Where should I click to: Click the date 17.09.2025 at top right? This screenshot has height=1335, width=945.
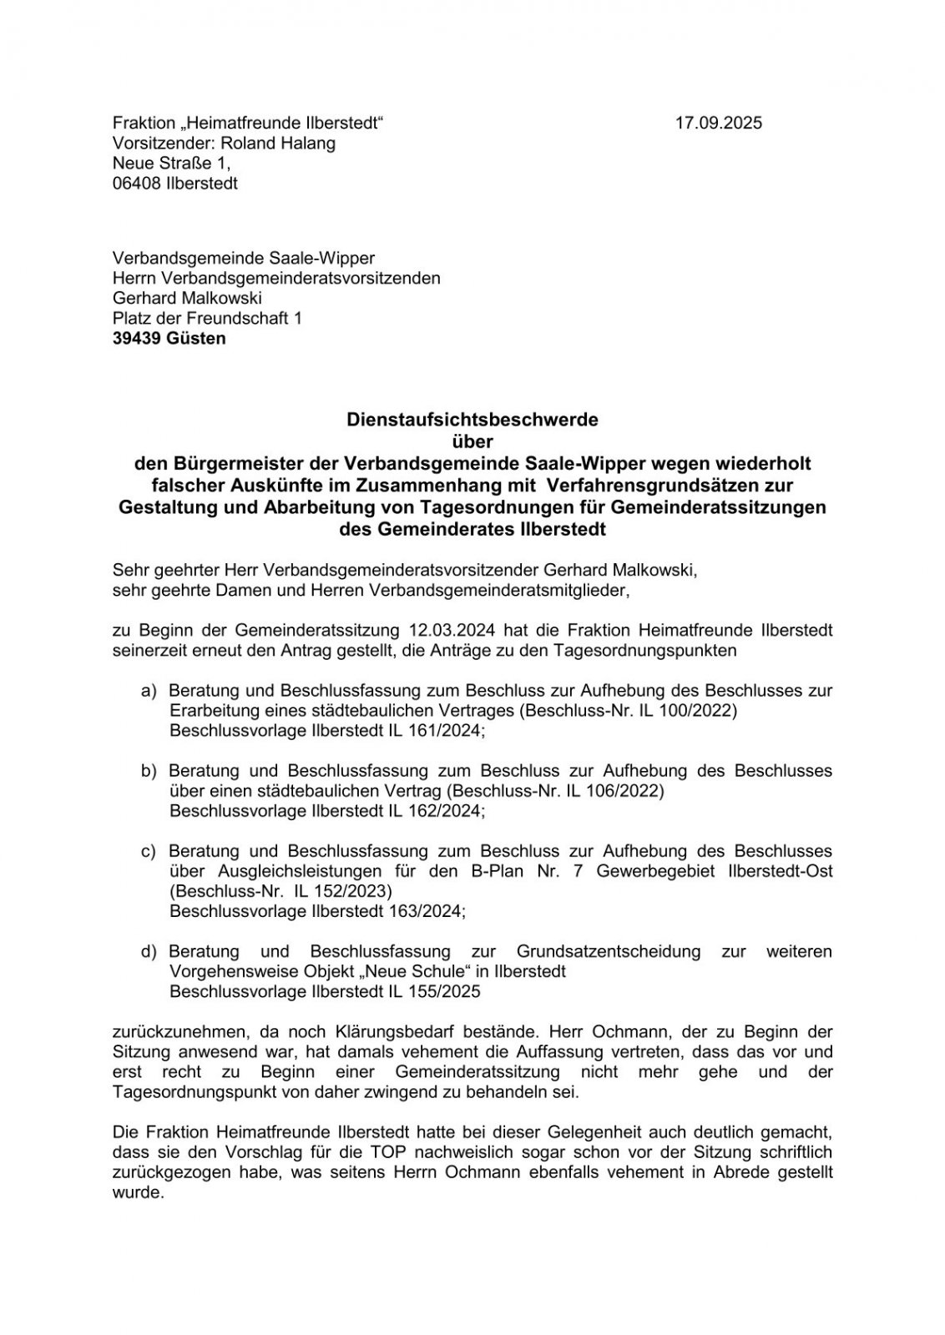click(x=718, y=123)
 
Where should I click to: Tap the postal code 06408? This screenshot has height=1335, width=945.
click(x=136, y=184)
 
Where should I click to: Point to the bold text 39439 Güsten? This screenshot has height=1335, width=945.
click(x=169, y=339)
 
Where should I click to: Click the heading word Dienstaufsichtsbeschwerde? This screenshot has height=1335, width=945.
click(x=472, y=420)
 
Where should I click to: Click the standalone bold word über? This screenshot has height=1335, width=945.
click(x=472, y=441)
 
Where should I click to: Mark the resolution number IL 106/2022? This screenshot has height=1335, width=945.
click(x=614, y=791)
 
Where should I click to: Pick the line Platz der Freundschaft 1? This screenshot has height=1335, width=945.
click(x=207, y=318)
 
